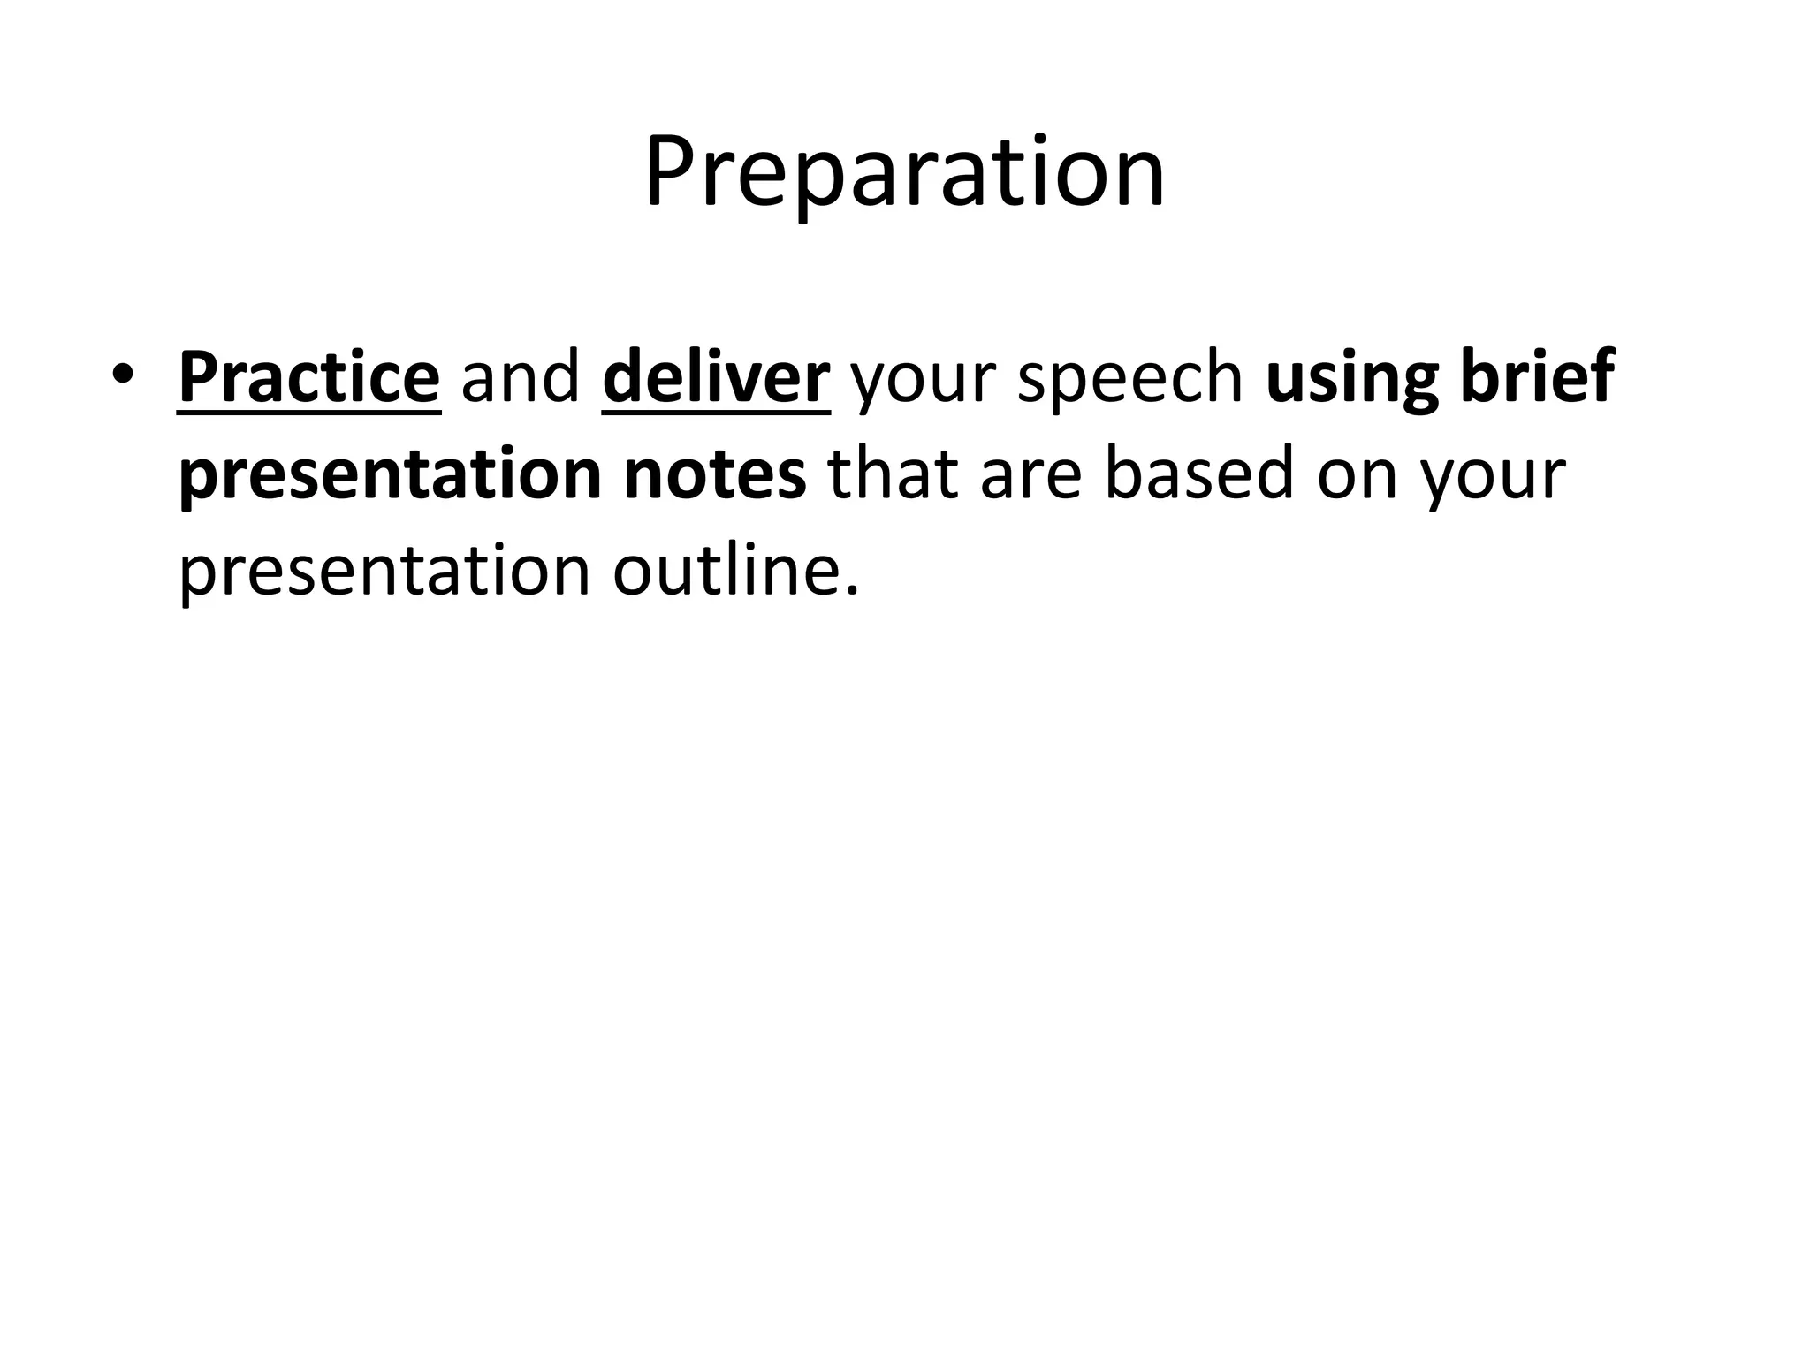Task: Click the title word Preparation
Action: click(x=904, y=172)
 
